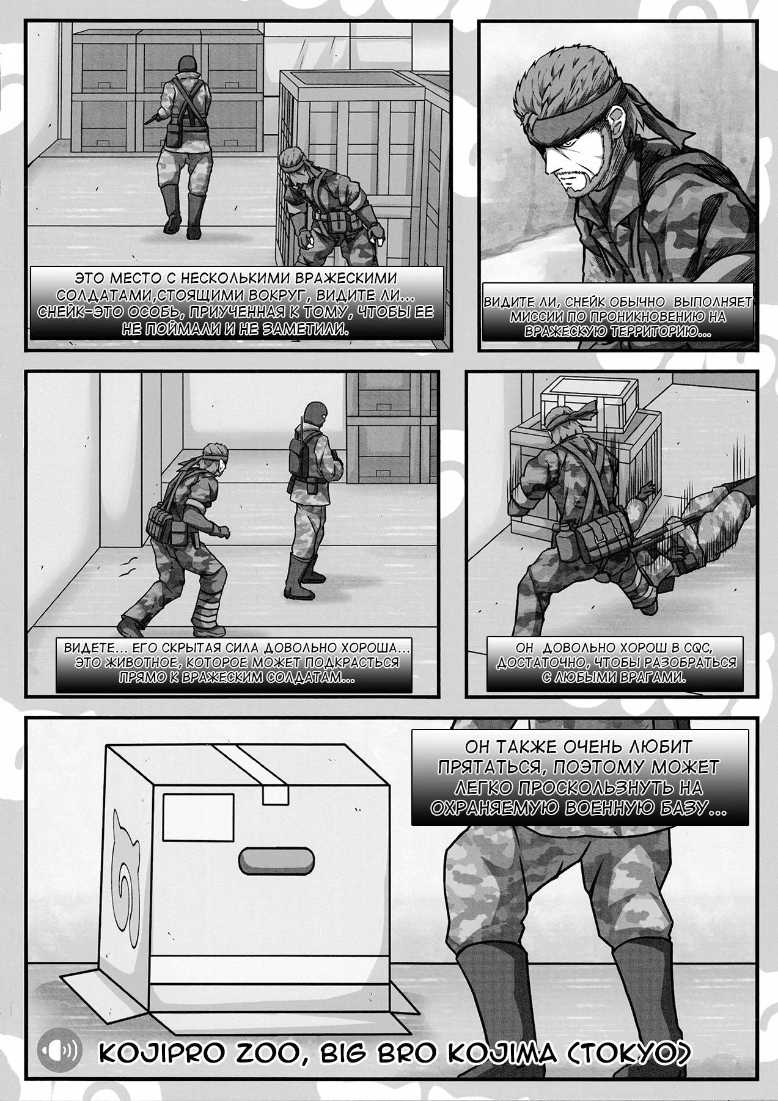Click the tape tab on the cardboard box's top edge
[x=275, y=794]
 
